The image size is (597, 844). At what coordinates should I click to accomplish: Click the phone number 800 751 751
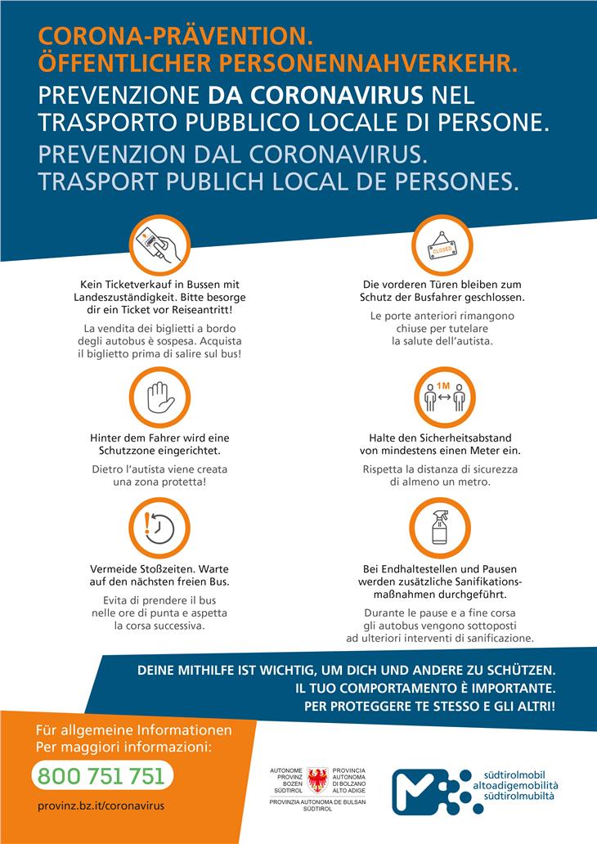click(101, 774)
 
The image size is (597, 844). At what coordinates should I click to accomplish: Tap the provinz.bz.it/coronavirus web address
click(101, 806)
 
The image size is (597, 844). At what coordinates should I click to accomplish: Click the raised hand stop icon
click(155, 394)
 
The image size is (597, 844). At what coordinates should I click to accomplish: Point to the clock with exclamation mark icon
click(155, 523)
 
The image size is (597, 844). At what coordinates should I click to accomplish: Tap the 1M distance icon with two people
click(442, 394)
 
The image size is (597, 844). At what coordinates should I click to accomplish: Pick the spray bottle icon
click(442, 523)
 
